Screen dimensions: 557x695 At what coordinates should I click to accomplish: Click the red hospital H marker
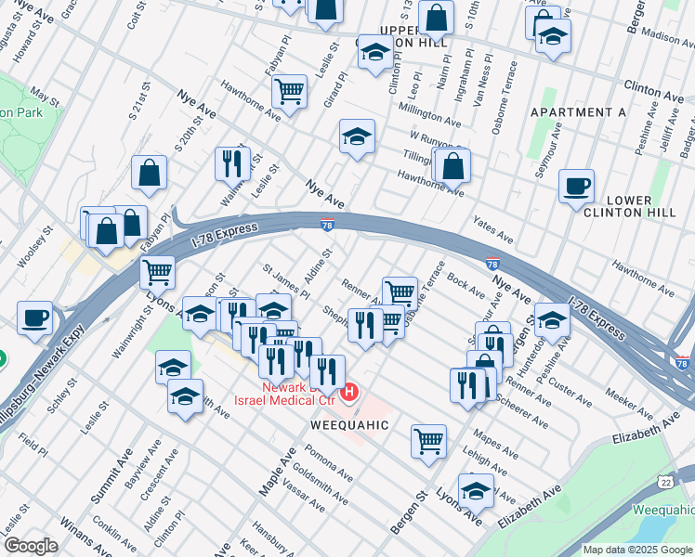(349, 393)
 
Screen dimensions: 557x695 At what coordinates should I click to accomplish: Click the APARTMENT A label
(578, 112)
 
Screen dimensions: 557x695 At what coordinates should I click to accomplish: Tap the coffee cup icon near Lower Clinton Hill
(576, 186)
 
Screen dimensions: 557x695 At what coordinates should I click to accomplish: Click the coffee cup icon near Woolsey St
(35, 317)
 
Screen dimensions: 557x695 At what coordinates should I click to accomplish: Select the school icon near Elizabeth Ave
(477, 489)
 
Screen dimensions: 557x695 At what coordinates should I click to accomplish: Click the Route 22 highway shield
(664, 481)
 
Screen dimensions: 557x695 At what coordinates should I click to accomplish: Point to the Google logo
(31, 546)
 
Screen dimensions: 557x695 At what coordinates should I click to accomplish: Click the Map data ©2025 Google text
(637, 550)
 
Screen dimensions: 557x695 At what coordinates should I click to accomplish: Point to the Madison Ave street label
(667, 37)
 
